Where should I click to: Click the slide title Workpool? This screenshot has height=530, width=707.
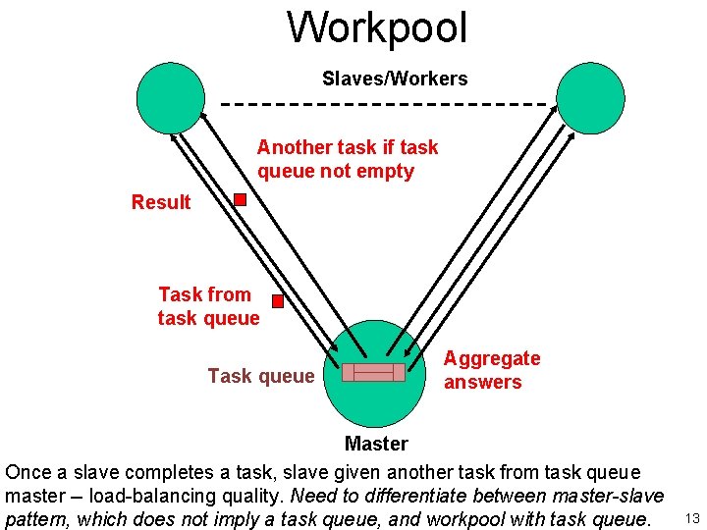pyautogui.click(x=377, y=27)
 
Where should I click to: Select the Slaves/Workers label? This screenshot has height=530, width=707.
pyautogui.click(x=395, y=79)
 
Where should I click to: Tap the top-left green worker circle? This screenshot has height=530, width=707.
pyautogui.click(x=171, y=98)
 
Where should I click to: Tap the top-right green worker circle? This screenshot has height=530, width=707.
pyautogui.click(x=590, y=98)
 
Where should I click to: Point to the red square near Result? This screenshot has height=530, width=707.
pyautogui.click(x=240, y=200)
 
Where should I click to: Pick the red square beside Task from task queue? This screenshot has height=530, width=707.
pyautogui.click(x=278, y=301)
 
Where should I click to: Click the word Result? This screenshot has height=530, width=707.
pyautogui.click(x=161, y=202)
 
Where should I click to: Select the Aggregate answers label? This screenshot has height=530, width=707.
pyautogui.click(x=492, y=370)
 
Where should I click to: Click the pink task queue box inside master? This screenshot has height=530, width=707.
pyautogui.click(x=373, y=372)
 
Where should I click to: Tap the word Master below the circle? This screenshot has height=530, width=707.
pyautogui.click(x=376, y=444)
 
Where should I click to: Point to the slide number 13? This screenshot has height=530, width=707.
pyautogui.click(x=692, y=518)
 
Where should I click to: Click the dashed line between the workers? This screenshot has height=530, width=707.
pyautogui.click(x=383, y=103)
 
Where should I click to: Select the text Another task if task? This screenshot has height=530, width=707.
pyautogui.click(x=348, y=147)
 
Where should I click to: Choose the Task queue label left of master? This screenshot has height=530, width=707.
pyautogui.click(x=261, y=375)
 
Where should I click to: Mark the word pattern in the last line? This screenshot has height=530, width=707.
pyautogui.click(x=37, y=518)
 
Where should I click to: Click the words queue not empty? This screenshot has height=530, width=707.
pyautogui.click(x=336, y=171)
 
